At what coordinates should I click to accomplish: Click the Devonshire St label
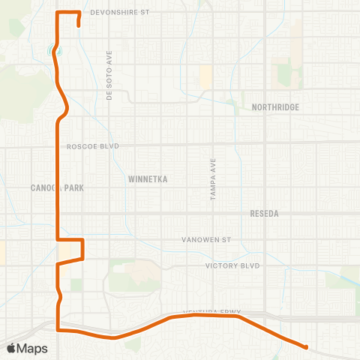point(120,13)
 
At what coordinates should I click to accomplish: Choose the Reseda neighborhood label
point(264,214)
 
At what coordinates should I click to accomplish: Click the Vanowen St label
point(208,240)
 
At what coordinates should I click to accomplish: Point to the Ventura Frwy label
point(214,313)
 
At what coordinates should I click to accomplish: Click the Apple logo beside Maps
point(12,348)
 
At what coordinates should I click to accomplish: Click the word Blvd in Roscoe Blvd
point(121,147)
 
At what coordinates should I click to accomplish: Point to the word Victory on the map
point(223,265)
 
